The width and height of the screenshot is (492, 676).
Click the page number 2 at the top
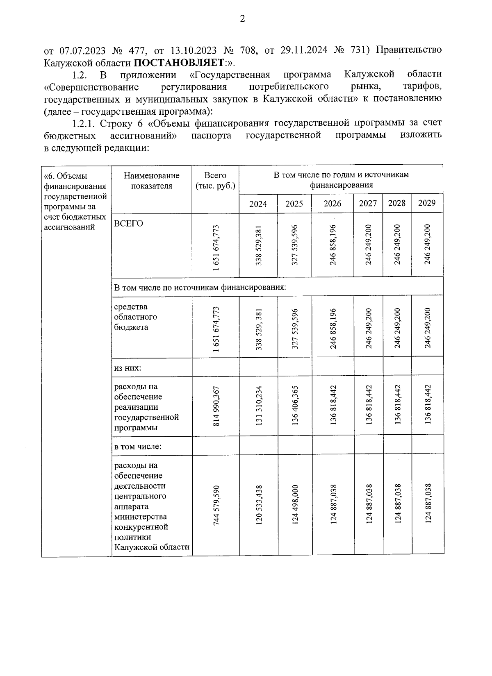[x=242, y=19]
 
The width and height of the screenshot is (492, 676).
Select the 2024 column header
[x=258, y=204]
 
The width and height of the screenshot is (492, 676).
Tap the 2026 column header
[x=332, y=204]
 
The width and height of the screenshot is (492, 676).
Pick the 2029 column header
[x=426, y=203]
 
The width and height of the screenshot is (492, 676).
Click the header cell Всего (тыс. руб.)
[x=216, y=181]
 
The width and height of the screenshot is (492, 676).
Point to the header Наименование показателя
[x=151, y=181]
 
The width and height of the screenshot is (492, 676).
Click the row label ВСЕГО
[x=129, y=224]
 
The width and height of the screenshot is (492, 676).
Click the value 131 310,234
[x=259, y=406]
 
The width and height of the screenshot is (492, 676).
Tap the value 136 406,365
[x=295, y=406]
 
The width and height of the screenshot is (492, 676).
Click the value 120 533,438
[x=259, y=505]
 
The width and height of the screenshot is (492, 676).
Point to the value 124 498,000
[x=295, y=505]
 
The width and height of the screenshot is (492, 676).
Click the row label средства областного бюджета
[x=135, y=317]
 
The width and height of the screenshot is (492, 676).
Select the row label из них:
[x=128, y=368]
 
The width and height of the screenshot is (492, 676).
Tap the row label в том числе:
[x=138, y=446]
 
